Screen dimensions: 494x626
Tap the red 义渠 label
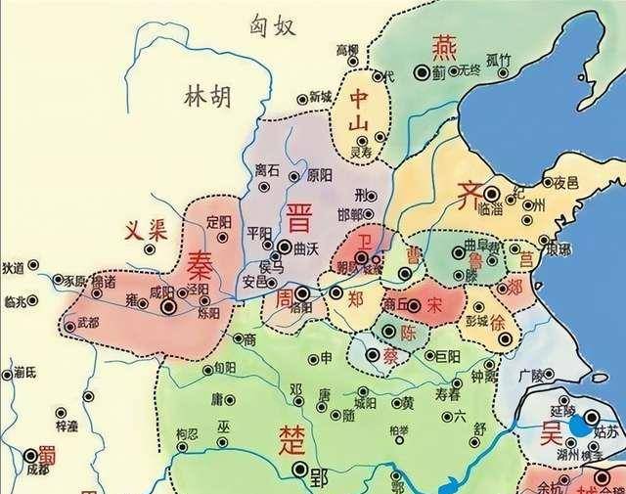[142, 231]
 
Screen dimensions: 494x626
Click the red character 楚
[292, 434]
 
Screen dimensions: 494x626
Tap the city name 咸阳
[161, 292]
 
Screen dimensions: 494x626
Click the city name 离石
[267, 170]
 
